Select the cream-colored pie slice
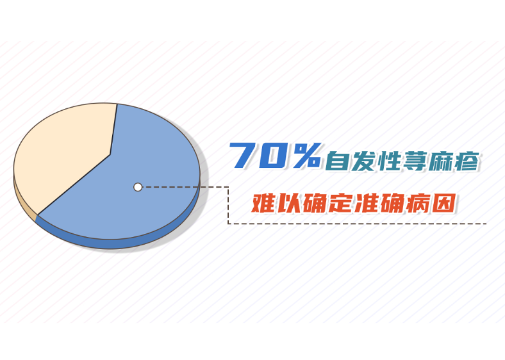[65, 151]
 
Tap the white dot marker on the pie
[138, 187]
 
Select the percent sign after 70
[306, 155]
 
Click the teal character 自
[337, 160]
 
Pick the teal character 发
[363, 160]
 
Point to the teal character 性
[389, 160]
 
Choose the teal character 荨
[415, 160]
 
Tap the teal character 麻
[440, 160]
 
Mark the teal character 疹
[467, 160]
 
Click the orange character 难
[263, 203]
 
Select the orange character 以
[288, 203]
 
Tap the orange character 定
[340, 203]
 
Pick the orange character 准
[366, 203]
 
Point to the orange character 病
[417, 203]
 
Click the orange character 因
[443, 203]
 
